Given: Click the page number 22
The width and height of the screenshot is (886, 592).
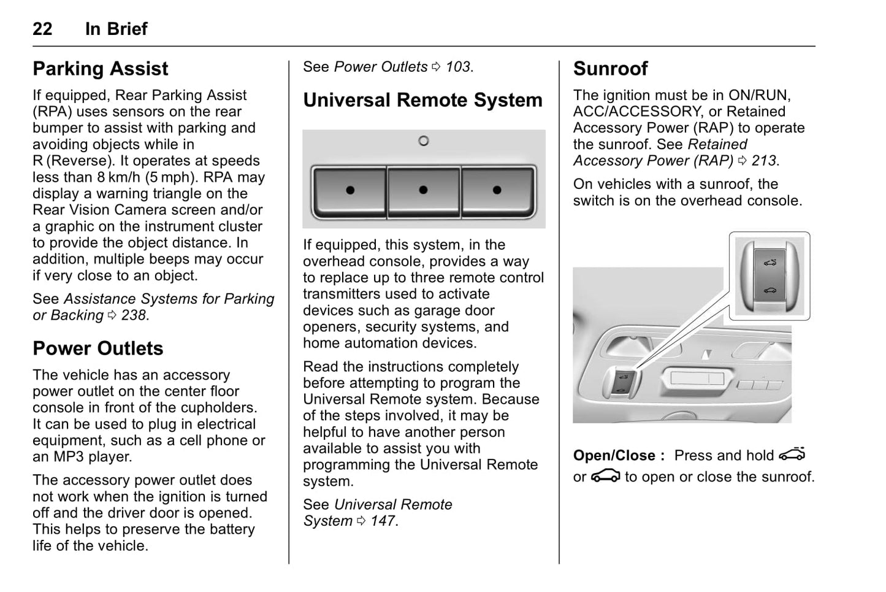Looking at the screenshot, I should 42,29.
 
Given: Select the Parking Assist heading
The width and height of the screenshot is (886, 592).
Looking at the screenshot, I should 101,69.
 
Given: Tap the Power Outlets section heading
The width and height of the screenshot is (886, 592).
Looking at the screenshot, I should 98,348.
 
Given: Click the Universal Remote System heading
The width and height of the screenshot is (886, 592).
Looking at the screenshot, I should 422,100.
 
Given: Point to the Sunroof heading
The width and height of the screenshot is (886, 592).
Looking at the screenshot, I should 610,69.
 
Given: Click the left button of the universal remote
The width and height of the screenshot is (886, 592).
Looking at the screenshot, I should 349,190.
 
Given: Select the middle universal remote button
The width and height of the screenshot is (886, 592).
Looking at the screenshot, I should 423,190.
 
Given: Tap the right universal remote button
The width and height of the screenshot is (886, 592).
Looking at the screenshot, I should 497,190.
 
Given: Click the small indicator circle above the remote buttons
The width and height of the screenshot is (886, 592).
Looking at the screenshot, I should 423,141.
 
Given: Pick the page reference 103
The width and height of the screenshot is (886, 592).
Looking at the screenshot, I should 458,67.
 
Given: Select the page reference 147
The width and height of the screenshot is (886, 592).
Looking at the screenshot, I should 383,521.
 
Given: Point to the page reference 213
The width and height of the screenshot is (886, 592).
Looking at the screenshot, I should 764,161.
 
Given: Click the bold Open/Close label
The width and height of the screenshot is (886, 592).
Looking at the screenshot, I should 619,456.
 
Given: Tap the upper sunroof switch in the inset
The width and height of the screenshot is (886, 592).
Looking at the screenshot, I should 770,262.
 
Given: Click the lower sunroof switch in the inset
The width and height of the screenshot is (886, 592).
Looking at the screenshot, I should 770,290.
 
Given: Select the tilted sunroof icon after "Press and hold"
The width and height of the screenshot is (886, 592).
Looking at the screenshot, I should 792,455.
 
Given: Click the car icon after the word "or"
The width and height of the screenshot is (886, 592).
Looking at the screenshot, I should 605,477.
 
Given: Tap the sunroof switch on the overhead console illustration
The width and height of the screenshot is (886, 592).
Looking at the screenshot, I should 623,384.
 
